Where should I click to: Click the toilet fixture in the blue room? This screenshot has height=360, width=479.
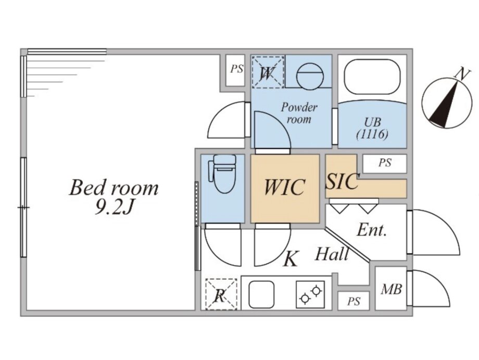[223, 173]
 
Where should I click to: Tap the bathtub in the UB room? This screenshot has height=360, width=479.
[372, 77]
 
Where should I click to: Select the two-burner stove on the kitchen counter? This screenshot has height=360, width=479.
[310, 294]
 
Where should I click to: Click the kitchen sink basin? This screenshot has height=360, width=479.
[261, 294]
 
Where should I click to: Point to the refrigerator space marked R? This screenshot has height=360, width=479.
[221, 294]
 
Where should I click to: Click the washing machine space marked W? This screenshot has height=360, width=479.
[267, 72]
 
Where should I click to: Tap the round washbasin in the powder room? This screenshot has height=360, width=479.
[310, 77]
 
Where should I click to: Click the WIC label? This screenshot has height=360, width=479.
[284, 187]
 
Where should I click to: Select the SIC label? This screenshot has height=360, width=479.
[342, 181]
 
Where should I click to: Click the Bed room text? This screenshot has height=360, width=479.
[114, 188]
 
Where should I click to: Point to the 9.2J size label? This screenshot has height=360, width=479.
[114, 208]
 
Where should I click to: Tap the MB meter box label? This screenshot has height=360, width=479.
[391, 289]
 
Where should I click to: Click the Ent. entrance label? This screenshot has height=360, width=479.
[372, 230]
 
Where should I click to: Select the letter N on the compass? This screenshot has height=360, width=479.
[462, 75]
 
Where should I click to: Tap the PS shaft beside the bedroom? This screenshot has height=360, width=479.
[237, 69]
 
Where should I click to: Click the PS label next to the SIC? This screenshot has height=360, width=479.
[385, 163]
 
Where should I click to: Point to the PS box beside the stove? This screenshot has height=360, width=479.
[354, 301]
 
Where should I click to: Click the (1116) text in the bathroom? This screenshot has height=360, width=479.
[372, 134]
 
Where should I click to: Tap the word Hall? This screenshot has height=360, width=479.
[332, 254]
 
